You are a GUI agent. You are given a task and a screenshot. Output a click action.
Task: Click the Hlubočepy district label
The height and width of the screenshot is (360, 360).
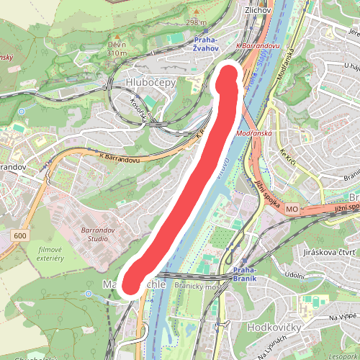point(150,83)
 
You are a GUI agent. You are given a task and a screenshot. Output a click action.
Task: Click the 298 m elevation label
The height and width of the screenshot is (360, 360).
point(196,22)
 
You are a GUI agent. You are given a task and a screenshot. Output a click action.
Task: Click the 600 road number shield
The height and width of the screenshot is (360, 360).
point(19,235)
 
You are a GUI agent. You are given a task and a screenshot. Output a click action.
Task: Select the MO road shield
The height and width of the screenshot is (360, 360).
point(292,209)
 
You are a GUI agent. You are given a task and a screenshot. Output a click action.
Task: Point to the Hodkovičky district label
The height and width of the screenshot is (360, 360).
point(273,327)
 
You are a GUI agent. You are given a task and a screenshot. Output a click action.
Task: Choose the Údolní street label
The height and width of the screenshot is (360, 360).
point(294,275)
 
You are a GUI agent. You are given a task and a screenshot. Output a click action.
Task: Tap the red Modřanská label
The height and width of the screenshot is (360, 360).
point(253,134)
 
